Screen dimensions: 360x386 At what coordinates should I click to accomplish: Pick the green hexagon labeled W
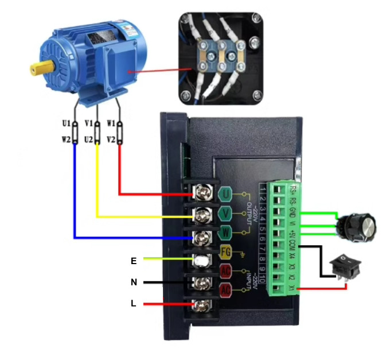[x=226, y=234]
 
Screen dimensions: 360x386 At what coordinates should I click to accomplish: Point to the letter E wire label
[x=134, y=261]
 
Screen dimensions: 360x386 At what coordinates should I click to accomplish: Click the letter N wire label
[x=134, y=282]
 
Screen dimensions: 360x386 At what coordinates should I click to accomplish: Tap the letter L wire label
[x=134, y=304]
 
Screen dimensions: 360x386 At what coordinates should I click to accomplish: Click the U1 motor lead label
[x=66, y=123]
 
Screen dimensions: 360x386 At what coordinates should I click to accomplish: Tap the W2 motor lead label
[x=66, y=140]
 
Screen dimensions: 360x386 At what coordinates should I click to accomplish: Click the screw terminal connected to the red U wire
[x=202, y=195]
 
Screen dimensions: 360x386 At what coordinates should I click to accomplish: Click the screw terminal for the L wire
[x=202, y=305]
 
